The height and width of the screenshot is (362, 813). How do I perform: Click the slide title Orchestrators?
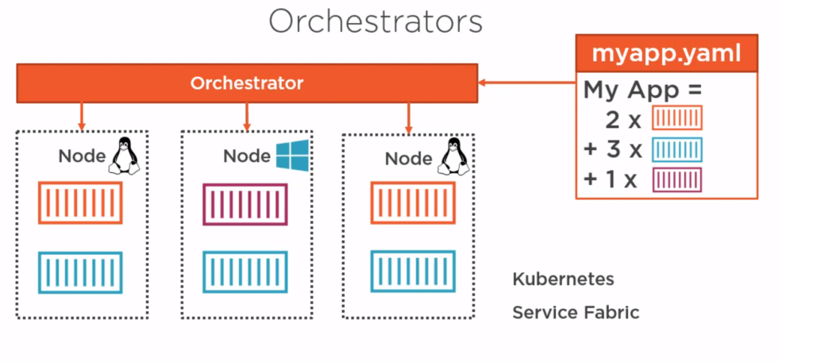376,22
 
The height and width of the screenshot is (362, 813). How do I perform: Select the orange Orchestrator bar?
247,83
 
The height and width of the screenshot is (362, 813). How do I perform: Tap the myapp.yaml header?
666,53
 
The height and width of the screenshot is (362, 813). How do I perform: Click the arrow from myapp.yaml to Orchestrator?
527,82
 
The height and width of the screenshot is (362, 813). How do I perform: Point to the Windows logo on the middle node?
292,155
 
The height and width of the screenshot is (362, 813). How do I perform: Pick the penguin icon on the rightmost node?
453,157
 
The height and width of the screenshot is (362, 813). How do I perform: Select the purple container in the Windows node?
245,204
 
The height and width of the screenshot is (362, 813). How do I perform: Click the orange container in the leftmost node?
80,202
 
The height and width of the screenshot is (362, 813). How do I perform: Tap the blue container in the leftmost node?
80,272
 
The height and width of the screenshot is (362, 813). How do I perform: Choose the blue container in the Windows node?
245,272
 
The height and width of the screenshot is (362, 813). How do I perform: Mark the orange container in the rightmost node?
413,202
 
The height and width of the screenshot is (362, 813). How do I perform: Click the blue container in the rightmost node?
413,271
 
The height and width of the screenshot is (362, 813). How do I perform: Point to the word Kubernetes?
563,279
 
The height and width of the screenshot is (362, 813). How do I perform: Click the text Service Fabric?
576,313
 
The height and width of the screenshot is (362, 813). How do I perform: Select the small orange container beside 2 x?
676,117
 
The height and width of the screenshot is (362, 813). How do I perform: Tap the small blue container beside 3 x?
676,149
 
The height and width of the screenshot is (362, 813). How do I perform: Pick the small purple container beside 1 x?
676,180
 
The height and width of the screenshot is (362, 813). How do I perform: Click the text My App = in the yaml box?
642,90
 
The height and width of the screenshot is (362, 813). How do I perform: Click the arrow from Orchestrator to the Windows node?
247,117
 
